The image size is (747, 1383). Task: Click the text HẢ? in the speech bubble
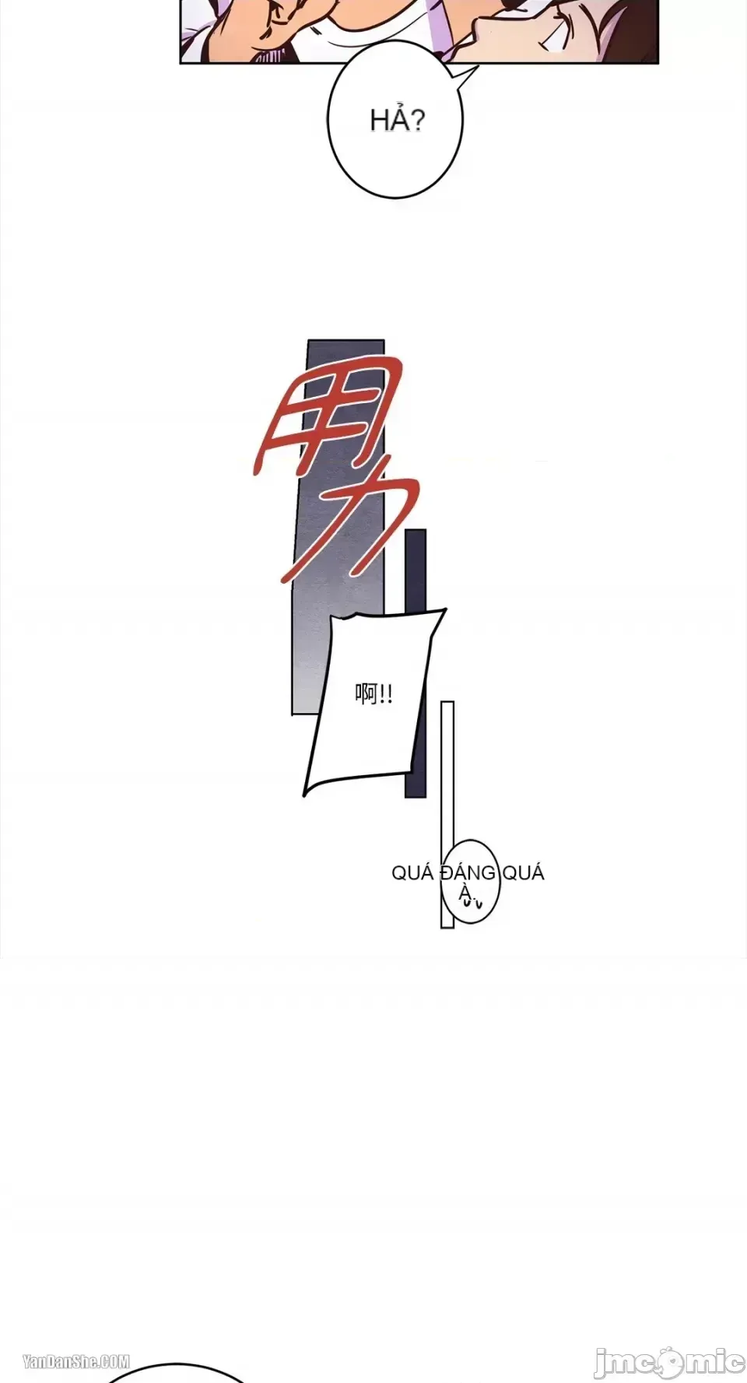398,120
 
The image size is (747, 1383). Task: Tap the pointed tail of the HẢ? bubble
476,68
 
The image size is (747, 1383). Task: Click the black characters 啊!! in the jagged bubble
373,693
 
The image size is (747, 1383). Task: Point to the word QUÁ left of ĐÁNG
412,873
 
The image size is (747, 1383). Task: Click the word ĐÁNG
468,873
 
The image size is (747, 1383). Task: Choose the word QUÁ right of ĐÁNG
523,873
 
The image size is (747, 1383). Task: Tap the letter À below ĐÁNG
465,894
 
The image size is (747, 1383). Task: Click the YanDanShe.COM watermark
76,1361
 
